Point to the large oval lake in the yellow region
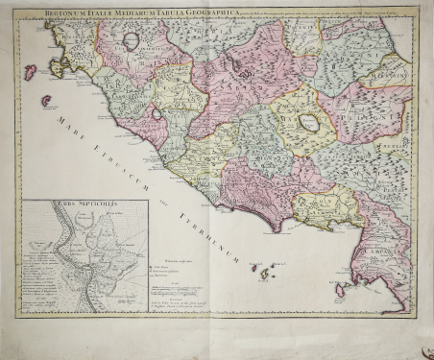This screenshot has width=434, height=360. point(309,123)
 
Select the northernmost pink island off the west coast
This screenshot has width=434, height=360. point(31,72)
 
